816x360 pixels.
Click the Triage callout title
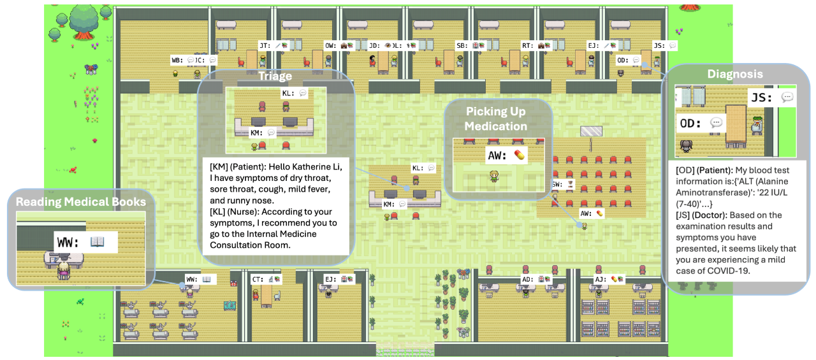pyautogui.click(x=275, y=76)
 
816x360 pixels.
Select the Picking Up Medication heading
pyautogui.click(x=495, y=119)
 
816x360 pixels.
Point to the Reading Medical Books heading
pyautogui.click(x=80, y=202)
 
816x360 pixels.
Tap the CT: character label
pyautogui.click(x=258, y=279)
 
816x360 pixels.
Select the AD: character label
pyautogui.click(x=528, y=279)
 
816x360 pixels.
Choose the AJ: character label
pyautogui.click(x=600, y=279)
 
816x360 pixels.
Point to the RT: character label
pyautogui.click(x=527, y=46)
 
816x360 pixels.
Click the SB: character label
pyautogui.click(x=461, y=46)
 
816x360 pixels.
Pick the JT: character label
pyautogui.click(x=265, y=46)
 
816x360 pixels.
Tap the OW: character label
pyautogui.click(x=330, y=46)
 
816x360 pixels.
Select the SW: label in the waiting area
pyautogui.click(x=557, y=184)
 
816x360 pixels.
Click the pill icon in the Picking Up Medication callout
pyautogui.click(x=520, y=155)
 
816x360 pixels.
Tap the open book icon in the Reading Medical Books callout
pyautogui.click(x=98, y=241)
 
